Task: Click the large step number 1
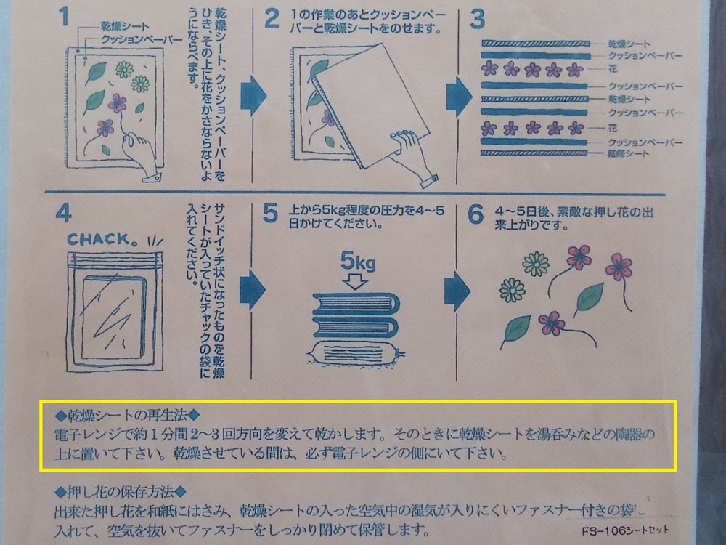click(63, 17)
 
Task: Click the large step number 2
click(272, 19)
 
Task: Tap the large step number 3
click(477, 19)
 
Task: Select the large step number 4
click(63, 213)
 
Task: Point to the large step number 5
click(270, 214)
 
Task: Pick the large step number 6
click(476, 214)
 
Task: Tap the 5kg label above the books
click(358, 261)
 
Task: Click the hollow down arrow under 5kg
click(355, 281)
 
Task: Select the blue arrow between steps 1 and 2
click(253, 96)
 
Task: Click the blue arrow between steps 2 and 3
click(459, 97)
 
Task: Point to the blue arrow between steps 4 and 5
click(253, 290)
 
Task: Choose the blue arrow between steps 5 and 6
click(457, 291)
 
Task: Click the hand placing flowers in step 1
click(142, 155)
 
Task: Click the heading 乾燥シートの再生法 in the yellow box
click(127, 415)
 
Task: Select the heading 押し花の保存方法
click(121, 492)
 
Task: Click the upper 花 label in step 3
click(613, 69)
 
